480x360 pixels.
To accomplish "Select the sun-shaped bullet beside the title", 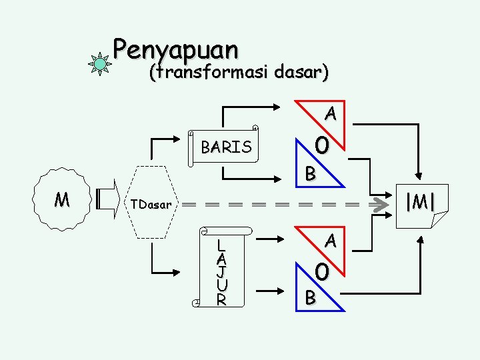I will pyautogui.click(x=100, y=64).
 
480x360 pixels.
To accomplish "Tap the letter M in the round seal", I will pyautogui.click(x=62, y=199).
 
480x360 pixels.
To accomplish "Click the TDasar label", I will pyautogui.click(x=151, y=204).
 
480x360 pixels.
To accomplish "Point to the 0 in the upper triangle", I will pyautogui.click(x=323, y=145).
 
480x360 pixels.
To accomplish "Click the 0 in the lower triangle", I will pyautogui.click(x=322, y=271).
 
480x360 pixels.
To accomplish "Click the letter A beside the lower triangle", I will pyautogui.click(x=330, y=241).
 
